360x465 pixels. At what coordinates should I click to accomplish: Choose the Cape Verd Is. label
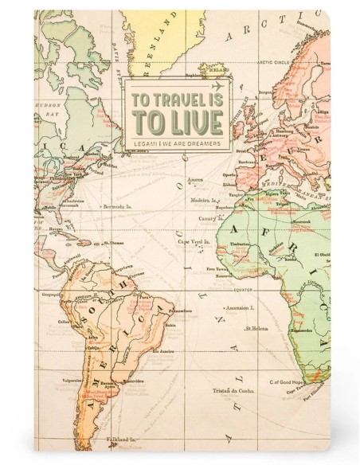tap(194, 240)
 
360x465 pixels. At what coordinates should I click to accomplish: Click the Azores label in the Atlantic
tap(196, 180)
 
